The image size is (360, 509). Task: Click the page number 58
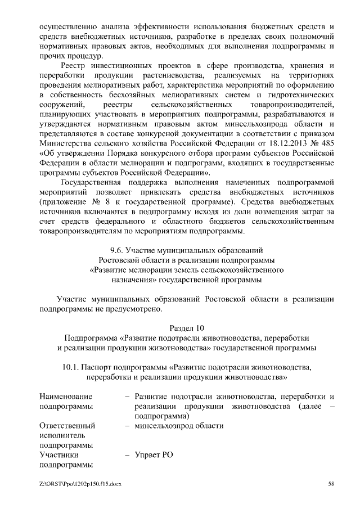332,484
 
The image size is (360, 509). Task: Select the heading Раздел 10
188,328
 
